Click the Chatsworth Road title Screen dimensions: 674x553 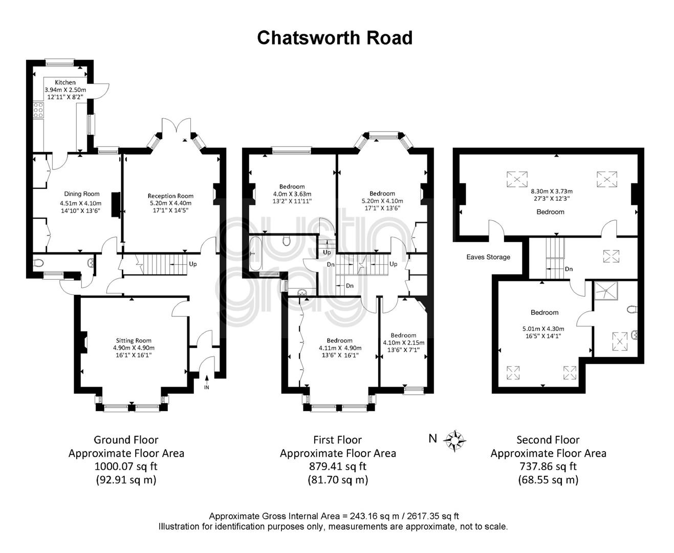pos(334,38)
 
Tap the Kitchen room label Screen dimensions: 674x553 pos(65,82)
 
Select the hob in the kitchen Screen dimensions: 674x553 pos(38,110)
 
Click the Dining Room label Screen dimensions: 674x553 pos(82,194)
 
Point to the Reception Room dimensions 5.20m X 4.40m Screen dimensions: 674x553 pos(170,203)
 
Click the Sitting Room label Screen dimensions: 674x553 pos(134,341)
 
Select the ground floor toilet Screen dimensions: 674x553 pos(38,263)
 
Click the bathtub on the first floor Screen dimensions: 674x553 pos(255,253)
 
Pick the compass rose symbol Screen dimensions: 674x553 pos(454,441)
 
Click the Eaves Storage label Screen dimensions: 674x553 pos(488,257)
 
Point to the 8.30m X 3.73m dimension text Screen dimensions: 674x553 pos(552,192)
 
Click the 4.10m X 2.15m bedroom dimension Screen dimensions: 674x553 pos(404,343)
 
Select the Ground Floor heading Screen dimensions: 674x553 pos(126,440)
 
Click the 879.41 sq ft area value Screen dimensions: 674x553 pos(337,466)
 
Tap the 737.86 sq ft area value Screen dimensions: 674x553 pos(548,466)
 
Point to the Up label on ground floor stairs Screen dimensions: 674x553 pos(193,264)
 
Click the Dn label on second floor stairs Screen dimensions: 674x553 pos(569,269)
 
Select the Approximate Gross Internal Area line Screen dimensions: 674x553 pos(334,516)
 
